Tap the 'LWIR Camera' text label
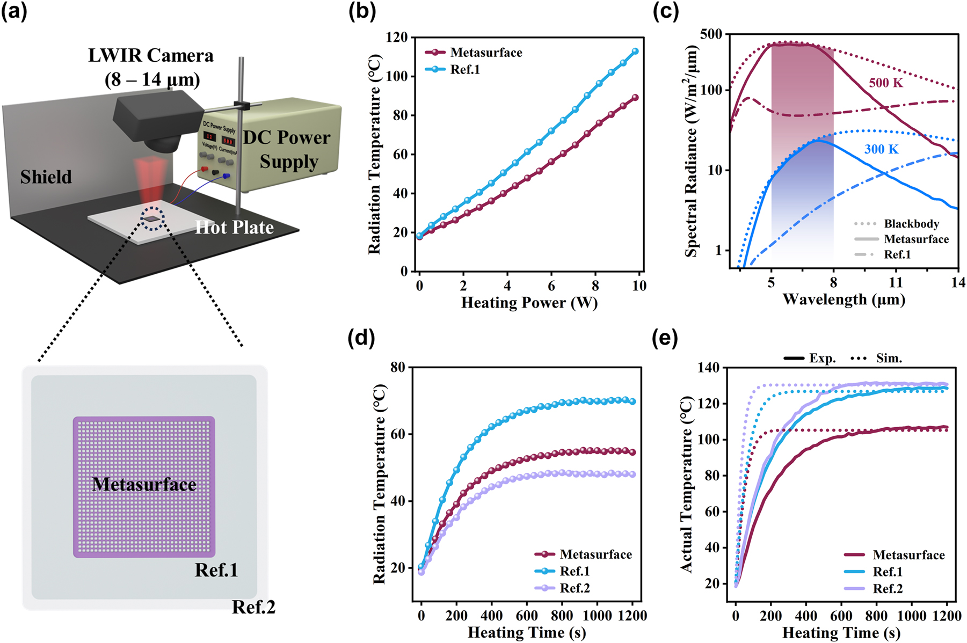click(x=151, y=56)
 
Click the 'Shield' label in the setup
click(x=46, y=177)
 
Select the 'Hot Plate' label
click(x=234, y=228)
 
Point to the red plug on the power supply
click(x=204, y=169)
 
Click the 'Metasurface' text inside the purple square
click(x=144, y=485)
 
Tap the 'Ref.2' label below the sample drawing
click(x=253, y=607)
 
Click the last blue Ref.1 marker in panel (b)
click(x=635, y=52)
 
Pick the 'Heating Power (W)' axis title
click(x=529, y=303)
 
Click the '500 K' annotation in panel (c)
click(x=886, y=83)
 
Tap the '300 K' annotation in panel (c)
click(x=881, y=149)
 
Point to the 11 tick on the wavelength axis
click(x=896, y=282)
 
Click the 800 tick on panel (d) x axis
click(x=562, y=616)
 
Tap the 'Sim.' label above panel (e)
click(x=889, y=358)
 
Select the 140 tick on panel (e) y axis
click(x=708, y=368)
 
